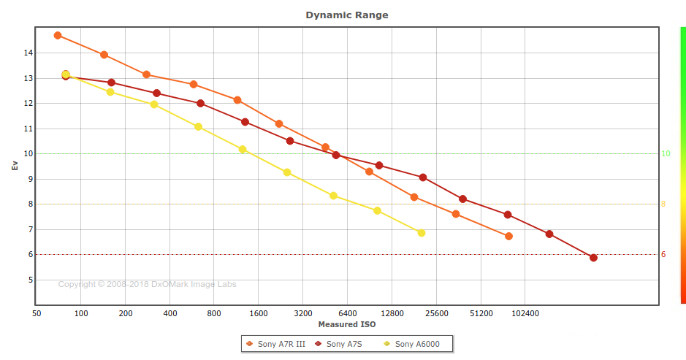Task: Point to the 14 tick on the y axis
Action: (28, 53)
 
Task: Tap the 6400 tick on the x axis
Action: (348, 313)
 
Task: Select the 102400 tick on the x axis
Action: (525, 313)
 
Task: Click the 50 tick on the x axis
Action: (37, 313)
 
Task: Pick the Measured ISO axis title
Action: (347, 324)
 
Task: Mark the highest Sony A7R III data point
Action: (58, 35)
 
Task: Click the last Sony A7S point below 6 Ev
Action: (593, 258)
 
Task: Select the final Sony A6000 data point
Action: (421, 233)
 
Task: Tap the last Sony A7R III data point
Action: (508, 236)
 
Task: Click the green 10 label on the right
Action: (666, 153)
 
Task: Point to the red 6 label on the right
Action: (663, 254)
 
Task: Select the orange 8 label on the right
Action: (663, 204)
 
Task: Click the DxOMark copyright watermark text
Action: (147, 284)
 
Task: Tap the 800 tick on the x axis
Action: (214, 313)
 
